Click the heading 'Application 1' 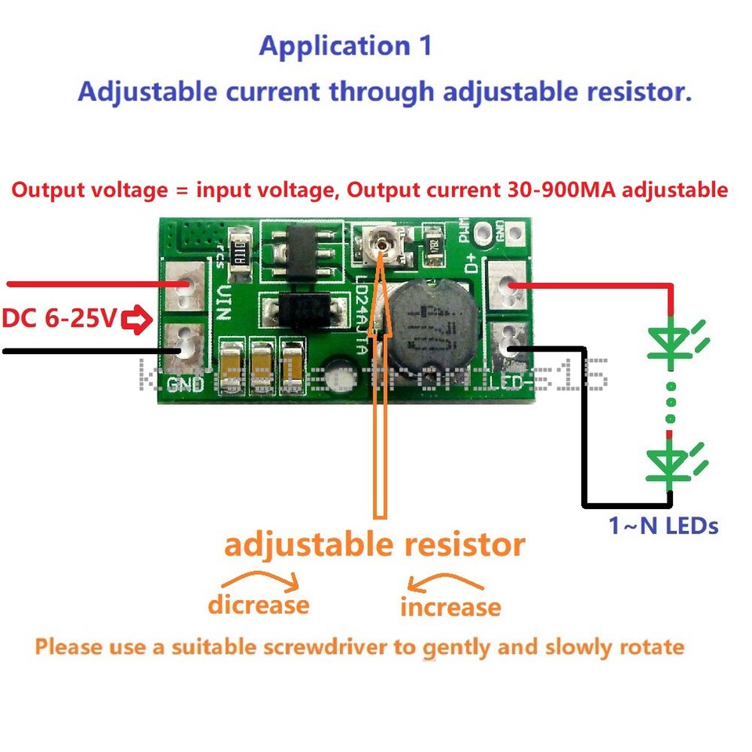point(345,45)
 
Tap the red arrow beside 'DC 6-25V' point(138,320)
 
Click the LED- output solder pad point(508,345)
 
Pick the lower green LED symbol point(671,463)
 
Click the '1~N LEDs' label point(663,526)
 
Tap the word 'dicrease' point(258,606)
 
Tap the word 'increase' point(450,607)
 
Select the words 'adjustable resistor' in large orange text point(374,545)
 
